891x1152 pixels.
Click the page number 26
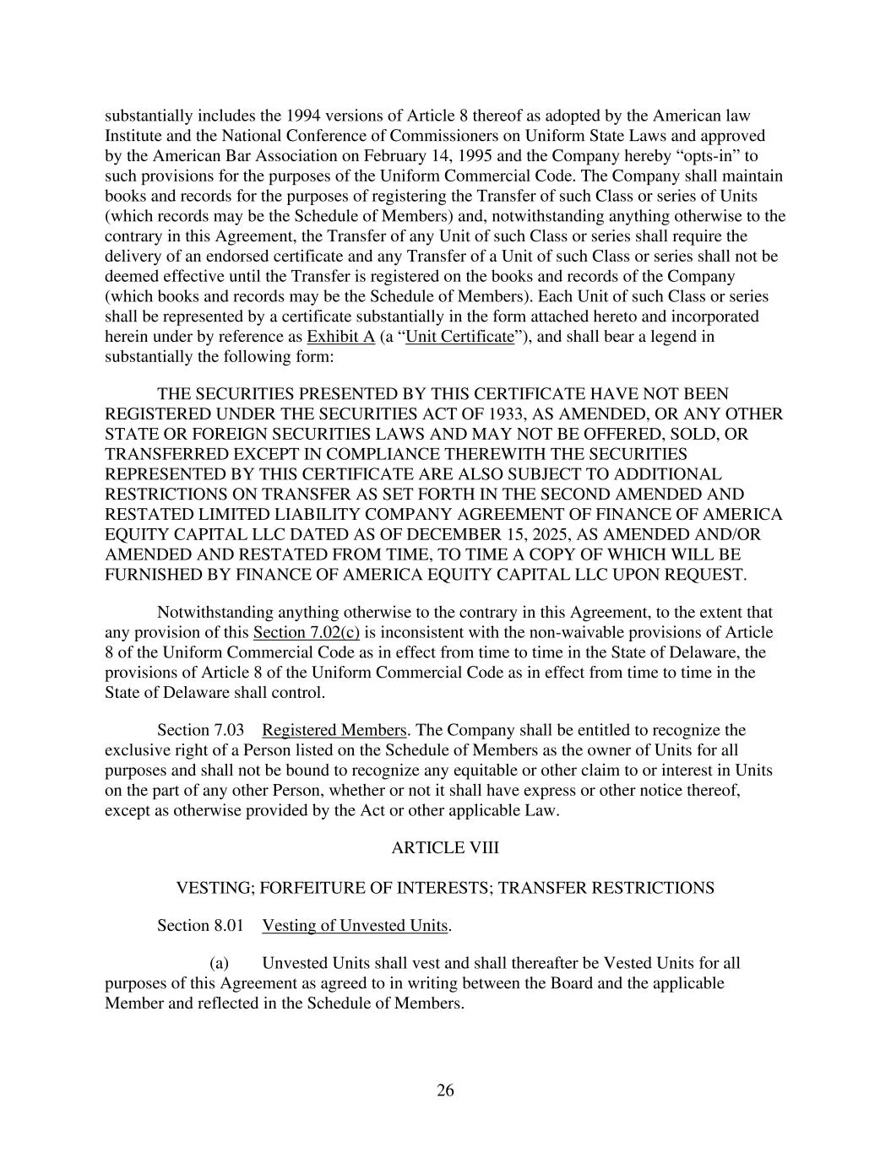tap(445, 1090)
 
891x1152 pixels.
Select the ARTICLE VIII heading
tap(445, 847)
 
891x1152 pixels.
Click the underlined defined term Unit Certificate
tap(459, 337)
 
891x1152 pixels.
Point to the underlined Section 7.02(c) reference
tap(306, 632)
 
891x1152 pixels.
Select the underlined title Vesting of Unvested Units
tap(355, 925)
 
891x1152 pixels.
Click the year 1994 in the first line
tap(304, 116)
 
